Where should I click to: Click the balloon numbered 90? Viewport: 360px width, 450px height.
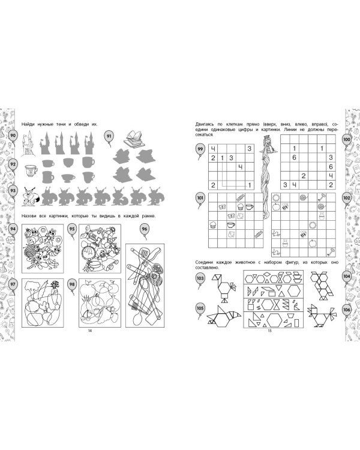(x=13, y=136)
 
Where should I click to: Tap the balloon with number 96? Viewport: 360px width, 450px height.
(x=145, y=229)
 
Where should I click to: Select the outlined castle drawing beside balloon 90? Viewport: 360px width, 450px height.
(x=28, y=143)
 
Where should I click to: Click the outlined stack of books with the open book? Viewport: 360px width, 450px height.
(x=133, y=139)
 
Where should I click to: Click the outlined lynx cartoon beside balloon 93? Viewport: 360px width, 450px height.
(x=31, y=197)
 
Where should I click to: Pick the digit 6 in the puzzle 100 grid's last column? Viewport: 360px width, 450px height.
(x=331, y=167)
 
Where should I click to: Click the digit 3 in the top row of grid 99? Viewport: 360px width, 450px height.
(x=250, y=148)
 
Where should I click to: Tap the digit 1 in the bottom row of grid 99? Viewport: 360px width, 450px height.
(x=250, y=185)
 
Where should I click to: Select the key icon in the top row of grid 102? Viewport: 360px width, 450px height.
(x=322, y=197)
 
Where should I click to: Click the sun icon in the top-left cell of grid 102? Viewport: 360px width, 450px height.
(x=276, y=197)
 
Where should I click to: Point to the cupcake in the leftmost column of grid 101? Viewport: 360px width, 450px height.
(x=213, y=225)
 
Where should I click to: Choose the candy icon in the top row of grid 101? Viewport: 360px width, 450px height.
(x=240, y=197)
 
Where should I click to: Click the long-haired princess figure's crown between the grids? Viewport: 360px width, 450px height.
(x=267, y=137)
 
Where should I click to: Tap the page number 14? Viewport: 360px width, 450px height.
(x=89, y=331)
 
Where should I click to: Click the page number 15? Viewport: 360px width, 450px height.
(x=269, y=331)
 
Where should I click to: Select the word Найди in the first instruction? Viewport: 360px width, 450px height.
(x=28, y=124)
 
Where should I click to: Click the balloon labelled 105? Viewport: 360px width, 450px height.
(x=200, y=309)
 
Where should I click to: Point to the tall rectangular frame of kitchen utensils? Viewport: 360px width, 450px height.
(x=145, y=286)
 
